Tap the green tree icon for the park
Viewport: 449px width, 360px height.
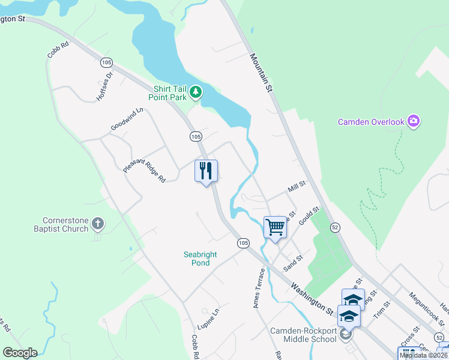196,92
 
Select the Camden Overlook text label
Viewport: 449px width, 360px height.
371,122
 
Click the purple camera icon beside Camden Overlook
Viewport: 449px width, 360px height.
413,122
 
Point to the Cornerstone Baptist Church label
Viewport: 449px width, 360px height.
66,224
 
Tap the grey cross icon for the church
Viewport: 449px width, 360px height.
98,225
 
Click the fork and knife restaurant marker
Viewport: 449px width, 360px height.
206,171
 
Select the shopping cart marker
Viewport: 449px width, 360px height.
275,227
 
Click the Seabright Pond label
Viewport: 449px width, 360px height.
200,259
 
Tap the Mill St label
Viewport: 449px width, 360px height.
297,187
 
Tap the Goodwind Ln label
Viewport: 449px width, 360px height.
127,119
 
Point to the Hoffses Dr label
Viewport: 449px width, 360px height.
104,88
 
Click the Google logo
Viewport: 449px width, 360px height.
20,353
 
